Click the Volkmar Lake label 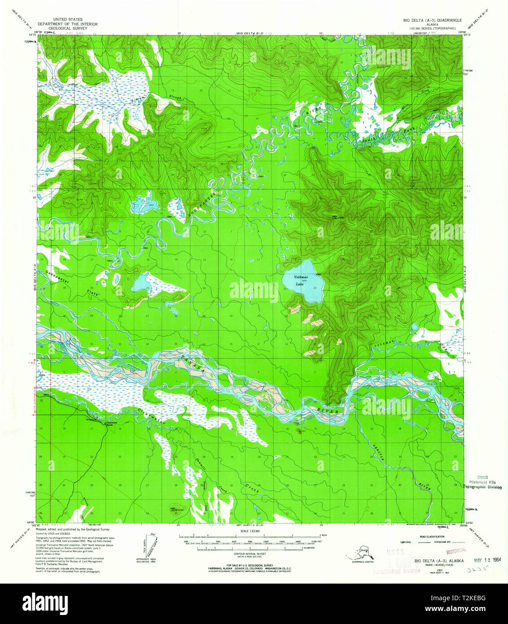click(301, 281)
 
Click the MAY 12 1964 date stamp click(487, 560)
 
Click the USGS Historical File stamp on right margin click(482, 483)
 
